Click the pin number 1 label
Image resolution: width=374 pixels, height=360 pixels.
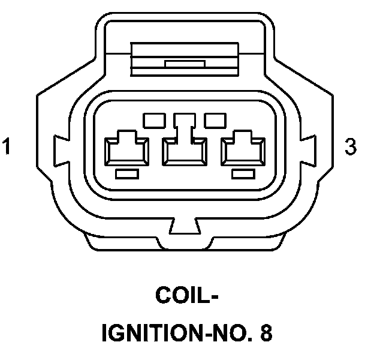[7, 146]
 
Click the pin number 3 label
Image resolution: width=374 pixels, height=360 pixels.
[351, 146]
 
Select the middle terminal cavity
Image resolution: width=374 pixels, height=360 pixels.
[186, 150]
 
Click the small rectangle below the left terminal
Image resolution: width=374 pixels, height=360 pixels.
[126, 174]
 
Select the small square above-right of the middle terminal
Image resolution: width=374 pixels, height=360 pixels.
[214, 120]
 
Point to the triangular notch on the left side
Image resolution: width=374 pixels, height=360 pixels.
[59, 146]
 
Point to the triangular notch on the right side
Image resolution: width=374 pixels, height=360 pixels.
[312, 146]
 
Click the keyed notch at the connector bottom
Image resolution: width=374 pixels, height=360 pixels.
[184, 227]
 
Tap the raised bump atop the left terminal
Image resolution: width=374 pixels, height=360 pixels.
[126, 135]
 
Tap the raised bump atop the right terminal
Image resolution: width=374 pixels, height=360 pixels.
[244, 135]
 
